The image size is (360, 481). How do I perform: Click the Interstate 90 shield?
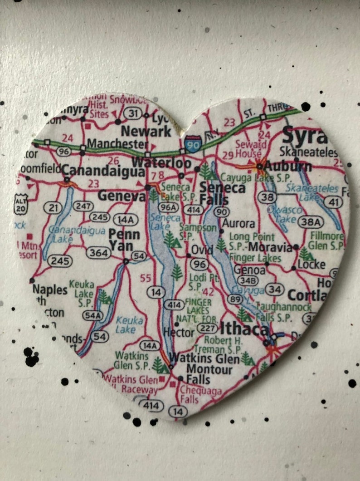tap(193, 145)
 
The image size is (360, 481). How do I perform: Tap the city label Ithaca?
tap(244, 329)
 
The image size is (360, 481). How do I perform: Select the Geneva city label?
tap(122, 196)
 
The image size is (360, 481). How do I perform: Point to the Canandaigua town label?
tap(103, 171)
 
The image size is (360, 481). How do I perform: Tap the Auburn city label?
tap(289, 167)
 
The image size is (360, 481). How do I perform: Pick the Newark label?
tap(146, 132)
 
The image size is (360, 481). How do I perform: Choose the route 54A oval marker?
tap(92, 316)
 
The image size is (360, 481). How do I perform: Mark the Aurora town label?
tap(238, 223)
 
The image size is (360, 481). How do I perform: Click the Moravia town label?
tap(271, 247)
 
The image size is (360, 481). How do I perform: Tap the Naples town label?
tap(50, 290)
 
